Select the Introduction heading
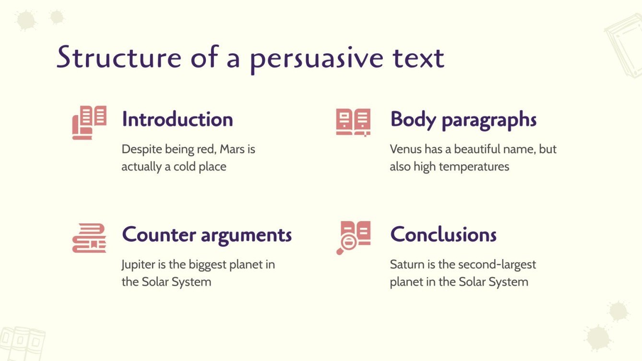point(177,119)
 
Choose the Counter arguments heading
point(207,235)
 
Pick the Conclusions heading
point(443,234)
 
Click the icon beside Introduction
point(89,122)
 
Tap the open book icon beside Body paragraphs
point(353,122)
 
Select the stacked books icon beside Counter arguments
point(89,238)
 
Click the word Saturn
point(406,265)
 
